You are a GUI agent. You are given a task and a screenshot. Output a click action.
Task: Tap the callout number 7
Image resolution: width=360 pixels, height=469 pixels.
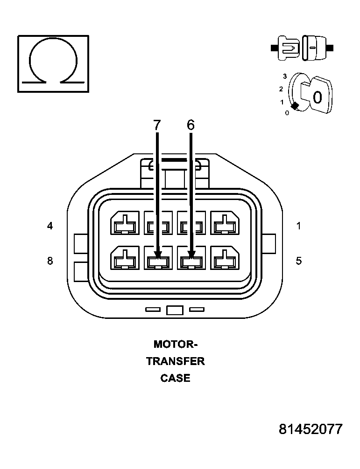(x=157, y=124)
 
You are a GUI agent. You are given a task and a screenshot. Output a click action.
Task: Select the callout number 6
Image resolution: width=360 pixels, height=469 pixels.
(x=191, y=124)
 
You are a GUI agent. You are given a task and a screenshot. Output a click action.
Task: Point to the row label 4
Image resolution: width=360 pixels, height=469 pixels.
(x=50, y=226)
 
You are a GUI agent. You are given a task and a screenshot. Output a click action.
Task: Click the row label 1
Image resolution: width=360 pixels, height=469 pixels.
(x=299, y=226)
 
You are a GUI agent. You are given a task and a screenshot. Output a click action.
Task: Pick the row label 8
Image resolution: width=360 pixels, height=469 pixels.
(x=50, y=261)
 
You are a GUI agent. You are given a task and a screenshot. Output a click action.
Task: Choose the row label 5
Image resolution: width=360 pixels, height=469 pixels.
(x=299, y=261)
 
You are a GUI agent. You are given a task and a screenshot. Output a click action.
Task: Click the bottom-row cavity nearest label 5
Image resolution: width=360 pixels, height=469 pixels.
(x=225, y=258)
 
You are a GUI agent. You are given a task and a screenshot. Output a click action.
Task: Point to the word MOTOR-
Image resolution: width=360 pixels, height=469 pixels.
(x=176, y=345)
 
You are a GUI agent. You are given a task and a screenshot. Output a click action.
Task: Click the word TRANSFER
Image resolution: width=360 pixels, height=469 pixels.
(x=176, y=361)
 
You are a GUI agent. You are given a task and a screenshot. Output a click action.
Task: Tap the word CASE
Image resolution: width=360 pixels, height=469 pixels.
(x=176, y=378)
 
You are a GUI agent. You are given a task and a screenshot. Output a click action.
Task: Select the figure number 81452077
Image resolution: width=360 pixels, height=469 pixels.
(x=311, y=429)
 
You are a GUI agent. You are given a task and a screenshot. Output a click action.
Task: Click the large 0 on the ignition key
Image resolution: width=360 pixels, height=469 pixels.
(x=318, y=97)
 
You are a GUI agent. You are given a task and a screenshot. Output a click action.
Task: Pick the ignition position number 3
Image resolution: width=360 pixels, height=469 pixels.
(x=284, y=76)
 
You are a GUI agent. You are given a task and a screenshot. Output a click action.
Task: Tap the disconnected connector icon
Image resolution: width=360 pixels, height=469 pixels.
(x=302, y=48)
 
